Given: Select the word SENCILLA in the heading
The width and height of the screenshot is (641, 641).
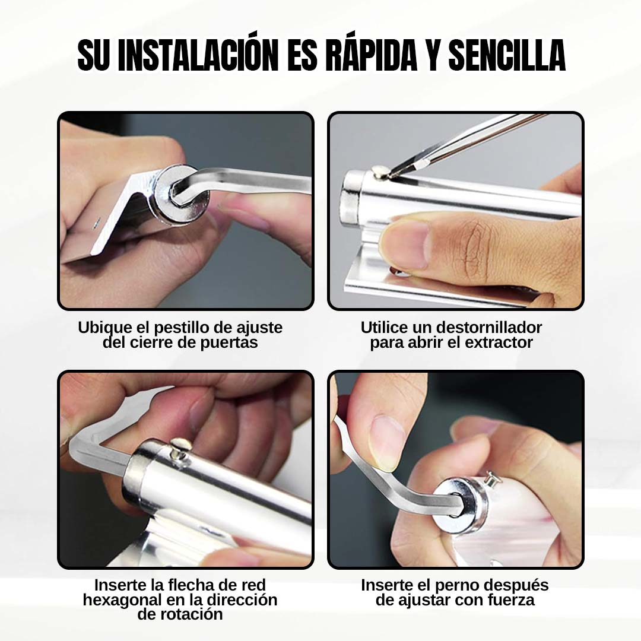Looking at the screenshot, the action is pos(507,55).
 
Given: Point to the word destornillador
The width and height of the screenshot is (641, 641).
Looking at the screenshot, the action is pos(488,328).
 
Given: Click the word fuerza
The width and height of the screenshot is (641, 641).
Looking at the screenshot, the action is pos(511,600).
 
